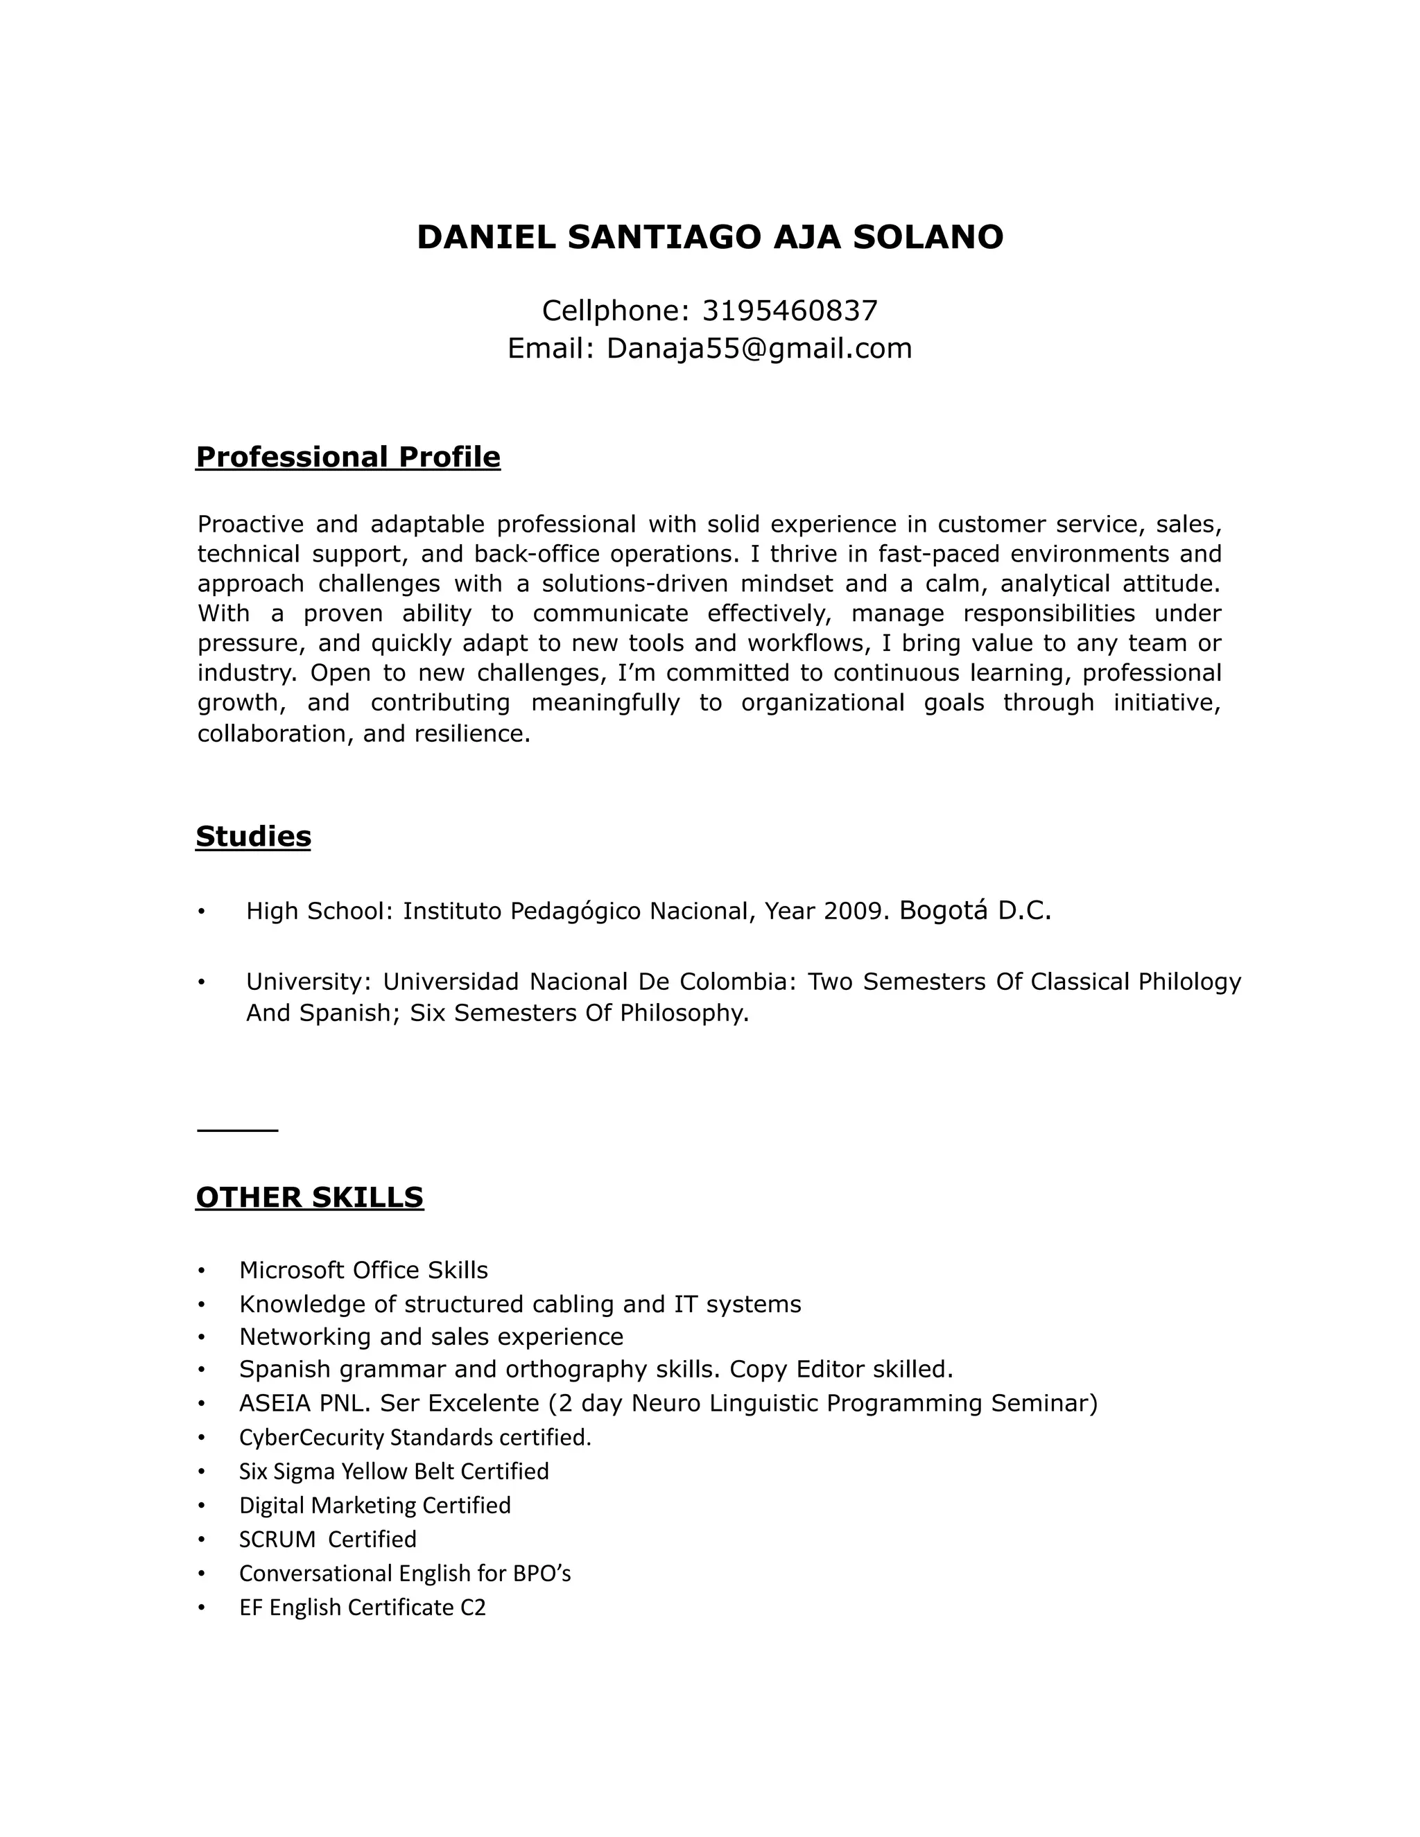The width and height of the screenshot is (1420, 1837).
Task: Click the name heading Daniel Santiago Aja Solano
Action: point(709,237)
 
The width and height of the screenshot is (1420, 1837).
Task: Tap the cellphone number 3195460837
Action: point(789,311)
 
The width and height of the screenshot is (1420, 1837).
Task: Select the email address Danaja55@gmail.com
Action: point(759,348)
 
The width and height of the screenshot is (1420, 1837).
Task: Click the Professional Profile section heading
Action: point(347,457)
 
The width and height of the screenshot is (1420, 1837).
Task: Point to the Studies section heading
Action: point(253,836)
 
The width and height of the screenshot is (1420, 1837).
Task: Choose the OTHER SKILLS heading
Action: point(309,1197)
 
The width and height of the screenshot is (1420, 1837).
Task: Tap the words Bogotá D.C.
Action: point(975,910)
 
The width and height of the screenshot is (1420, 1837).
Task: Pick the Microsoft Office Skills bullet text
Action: point(363,1270)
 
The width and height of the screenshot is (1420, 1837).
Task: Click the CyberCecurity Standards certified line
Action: point(415,1438)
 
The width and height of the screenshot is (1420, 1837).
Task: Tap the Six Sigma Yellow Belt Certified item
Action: point(394,1471)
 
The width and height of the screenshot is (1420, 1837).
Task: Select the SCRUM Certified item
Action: point(327,1539)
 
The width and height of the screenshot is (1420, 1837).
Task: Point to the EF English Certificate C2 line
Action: point(363,1608)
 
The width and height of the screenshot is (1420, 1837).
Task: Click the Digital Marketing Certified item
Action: point(374,1505)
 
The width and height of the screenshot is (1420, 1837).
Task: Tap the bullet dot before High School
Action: point(201,912)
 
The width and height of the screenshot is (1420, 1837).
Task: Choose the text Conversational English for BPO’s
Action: point(405,1573)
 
